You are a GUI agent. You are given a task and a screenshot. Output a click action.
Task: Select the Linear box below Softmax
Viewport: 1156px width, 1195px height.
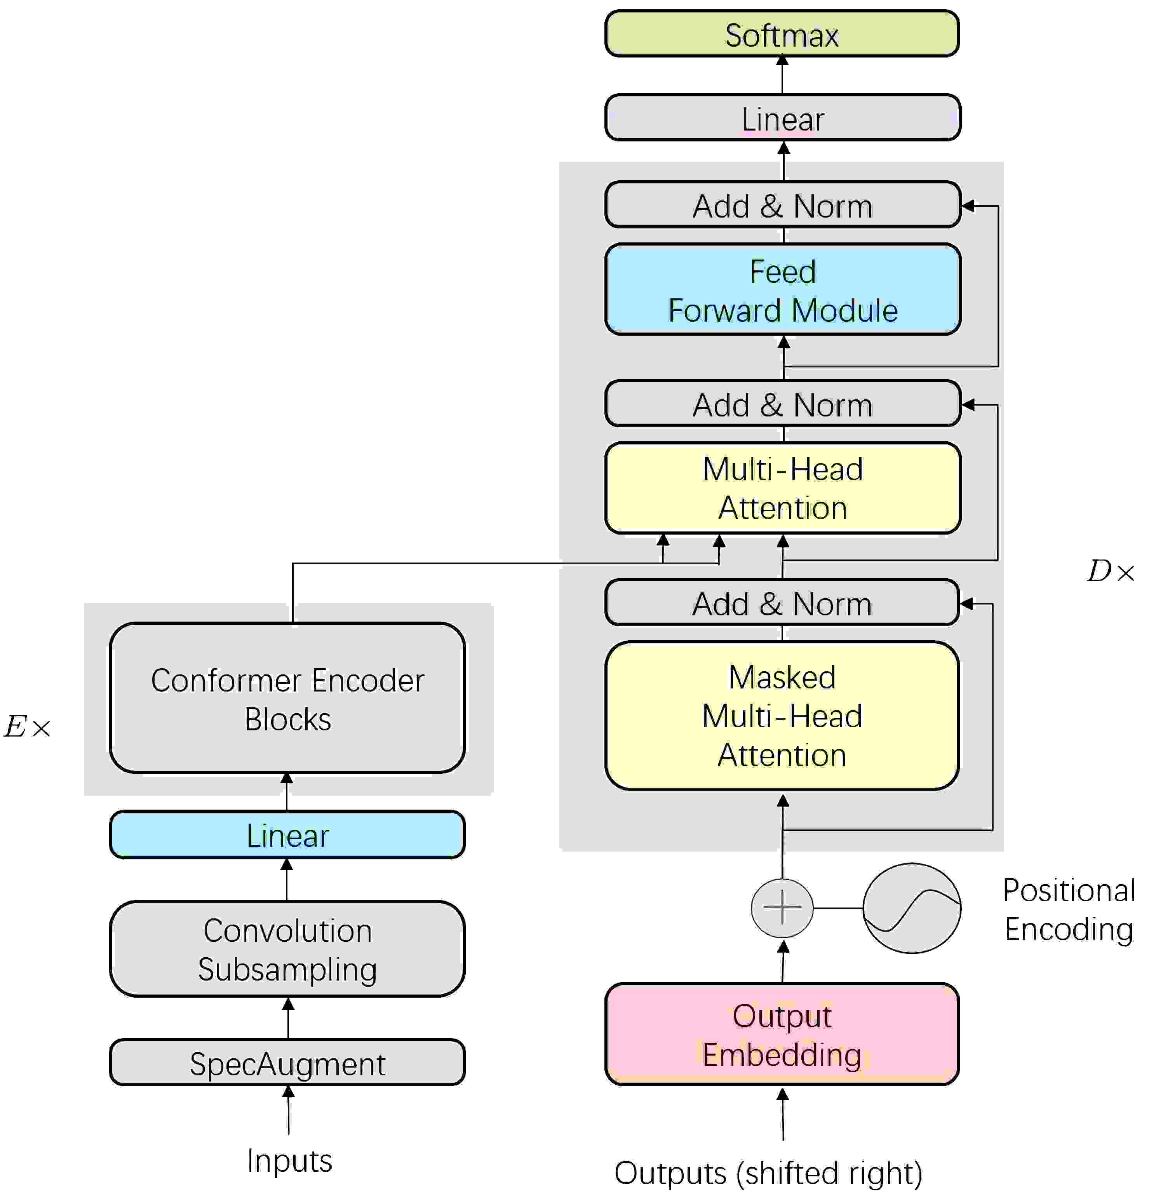click(782, 118)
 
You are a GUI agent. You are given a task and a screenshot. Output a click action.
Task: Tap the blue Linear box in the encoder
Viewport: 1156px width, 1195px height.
click(287, 834)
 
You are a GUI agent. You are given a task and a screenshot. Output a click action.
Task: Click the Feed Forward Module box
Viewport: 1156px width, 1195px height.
click(782, 289)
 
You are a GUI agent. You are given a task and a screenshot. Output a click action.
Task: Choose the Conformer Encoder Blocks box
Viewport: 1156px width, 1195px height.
click(287, 698)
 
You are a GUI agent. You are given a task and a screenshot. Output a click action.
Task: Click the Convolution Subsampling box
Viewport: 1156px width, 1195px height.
click(287, 949)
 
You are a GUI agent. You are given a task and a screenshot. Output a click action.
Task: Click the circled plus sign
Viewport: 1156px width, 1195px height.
click(782, 908)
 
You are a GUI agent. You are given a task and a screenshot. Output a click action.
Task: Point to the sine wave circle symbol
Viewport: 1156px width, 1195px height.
click(912, 908)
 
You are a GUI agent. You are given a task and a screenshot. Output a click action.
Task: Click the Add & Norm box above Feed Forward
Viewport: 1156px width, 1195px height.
click(782, 205)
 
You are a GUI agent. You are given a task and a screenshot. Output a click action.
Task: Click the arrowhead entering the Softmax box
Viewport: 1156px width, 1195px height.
click(782, 60)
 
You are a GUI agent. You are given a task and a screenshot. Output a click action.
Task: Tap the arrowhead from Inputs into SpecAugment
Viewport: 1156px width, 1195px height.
click(288, 1091)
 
